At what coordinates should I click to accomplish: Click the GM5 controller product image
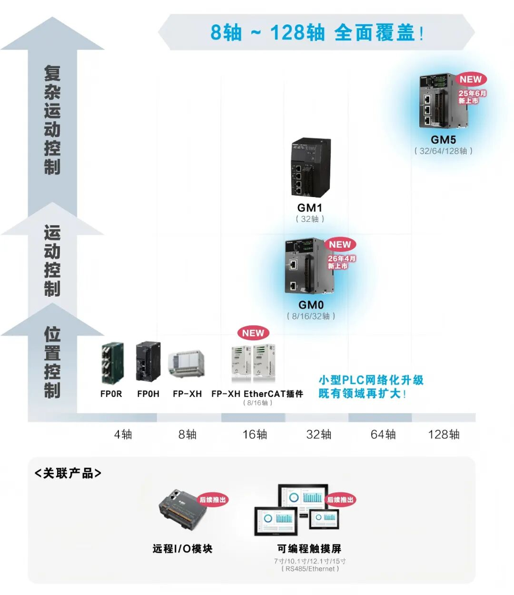coord(443,101)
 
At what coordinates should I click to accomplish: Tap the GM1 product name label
coord(310,207)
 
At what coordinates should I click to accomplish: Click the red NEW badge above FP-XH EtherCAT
coord(253,333)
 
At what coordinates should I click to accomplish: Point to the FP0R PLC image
coord(112,363)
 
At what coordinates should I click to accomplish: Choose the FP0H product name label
coord(148,394)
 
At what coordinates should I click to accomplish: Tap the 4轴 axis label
coord(123,434)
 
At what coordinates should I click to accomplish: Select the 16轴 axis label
coord(255,434)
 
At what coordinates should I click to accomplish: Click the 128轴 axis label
coord(444,434)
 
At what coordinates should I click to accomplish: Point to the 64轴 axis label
coord(383,434)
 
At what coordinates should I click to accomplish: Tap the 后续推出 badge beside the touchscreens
coord(340,500)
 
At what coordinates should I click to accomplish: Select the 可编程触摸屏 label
coord(309,548)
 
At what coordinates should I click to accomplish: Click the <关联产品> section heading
coord(68,473)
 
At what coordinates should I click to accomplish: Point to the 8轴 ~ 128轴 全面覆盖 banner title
coord(316,32)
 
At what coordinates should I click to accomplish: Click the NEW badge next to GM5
coord(471,79)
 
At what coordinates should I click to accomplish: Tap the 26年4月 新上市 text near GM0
coord(341,262)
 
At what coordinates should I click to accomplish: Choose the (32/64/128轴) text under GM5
coord(443,151)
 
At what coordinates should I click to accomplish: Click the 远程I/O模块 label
coord(182,548)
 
